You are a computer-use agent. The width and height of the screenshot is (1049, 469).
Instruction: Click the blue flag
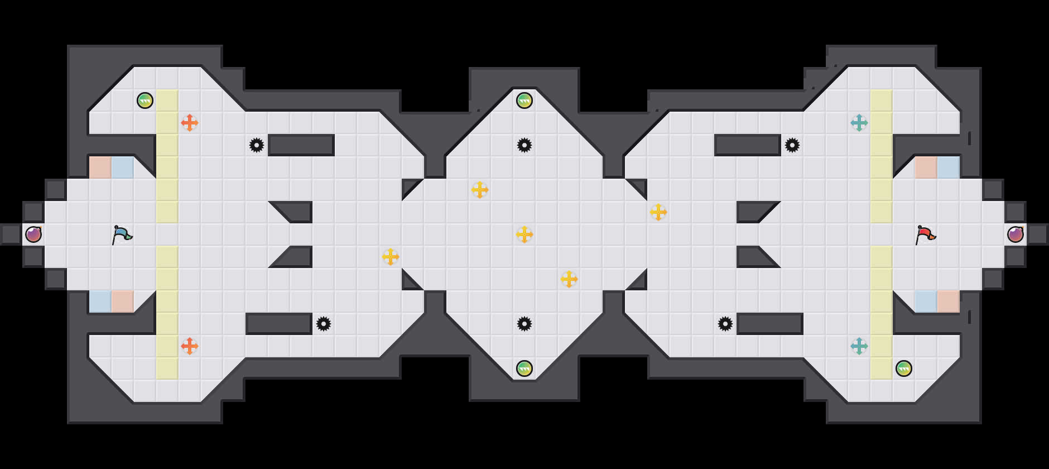coord(122,234)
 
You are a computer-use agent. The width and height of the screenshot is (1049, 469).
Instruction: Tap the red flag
coord(925,234)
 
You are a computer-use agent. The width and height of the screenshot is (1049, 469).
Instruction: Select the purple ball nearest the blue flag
coord(33,234)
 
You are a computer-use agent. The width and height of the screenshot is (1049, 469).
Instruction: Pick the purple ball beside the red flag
coord(1016,234)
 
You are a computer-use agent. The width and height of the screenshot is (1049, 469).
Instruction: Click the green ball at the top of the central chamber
coord(524,100)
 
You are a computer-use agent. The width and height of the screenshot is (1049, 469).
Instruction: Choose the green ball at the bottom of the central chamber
coord(524,368)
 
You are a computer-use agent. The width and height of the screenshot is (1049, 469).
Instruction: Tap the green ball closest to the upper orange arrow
coord(145,100)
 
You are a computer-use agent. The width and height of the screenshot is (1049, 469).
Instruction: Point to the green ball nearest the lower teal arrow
coord(904,368)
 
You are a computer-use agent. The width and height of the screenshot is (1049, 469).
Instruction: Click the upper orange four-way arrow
coord(190,123)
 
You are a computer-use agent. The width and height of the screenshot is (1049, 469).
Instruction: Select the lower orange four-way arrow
coord(190,346)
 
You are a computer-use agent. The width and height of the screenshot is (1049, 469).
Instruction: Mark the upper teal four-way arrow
coord(859,123)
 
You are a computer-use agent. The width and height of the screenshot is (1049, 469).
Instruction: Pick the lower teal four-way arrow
coord(859,346)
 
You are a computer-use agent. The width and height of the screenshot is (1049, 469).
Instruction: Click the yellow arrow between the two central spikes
coord(524,234)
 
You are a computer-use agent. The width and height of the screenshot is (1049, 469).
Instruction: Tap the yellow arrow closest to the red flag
coord(658,212)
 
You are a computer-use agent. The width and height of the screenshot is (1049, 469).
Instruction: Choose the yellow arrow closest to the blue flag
coord(391,257)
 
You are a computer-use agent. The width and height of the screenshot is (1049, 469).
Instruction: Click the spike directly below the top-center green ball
coord(524,145)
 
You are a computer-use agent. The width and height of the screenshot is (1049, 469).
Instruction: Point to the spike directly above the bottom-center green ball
coord(524,324)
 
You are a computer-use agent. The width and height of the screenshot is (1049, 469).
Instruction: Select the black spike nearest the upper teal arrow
coord(792,145)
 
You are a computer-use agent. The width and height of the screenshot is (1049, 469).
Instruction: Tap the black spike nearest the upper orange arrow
coord(257,145)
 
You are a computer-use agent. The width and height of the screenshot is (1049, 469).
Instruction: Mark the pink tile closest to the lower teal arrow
coord(949,301)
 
